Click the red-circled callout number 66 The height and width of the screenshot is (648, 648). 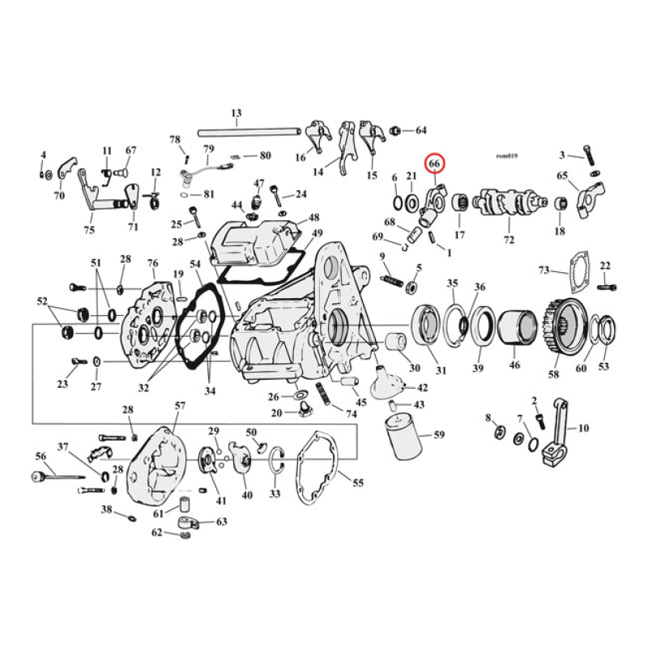click(435, 164)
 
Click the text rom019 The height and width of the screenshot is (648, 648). click(508, 156)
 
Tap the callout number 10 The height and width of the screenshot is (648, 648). click(583, 428)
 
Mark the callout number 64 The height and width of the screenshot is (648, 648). click(420, 130)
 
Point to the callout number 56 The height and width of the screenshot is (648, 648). click(40, 456)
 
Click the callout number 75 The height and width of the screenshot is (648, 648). click(88, 228)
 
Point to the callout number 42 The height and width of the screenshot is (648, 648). click(422, 389)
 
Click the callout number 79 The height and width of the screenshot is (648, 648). click(208, 149)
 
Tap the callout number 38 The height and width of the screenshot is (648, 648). click(106, 509)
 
